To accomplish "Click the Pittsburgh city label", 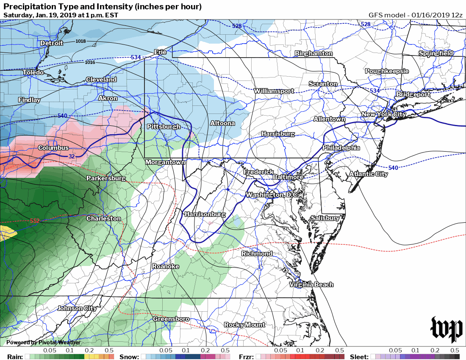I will pyautogui.click(x=164, y=127).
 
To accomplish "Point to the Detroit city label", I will pyautogui.click(x=52, y=43).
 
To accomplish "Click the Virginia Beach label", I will pyautogui.click(x=311, y=285).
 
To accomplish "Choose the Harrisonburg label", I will pyautogui.click(x=205, y=214).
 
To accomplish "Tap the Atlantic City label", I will pyautogui.click(x=368, y=174).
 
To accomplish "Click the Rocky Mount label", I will pyautogui.click(x=244, y=325).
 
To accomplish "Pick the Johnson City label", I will pyautogui.click(x=77, y=308).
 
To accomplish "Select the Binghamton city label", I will pyautogui.click(x=313, y=54).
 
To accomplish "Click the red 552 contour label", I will pyautogui.click(x=36, y=221).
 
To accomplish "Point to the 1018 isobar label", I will pyautogui.click(x=80, y=41).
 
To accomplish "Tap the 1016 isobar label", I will pyautogui.click(x=90, y=62).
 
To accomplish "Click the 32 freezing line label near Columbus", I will pyautogui.click(x=71, y=157).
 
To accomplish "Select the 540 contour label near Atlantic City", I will pyautogui.click(x=393, y=168).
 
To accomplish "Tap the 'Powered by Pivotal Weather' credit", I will pyautogui.click(x=43, y=342).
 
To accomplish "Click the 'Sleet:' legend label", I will pyautogui.click(x=359, y=357).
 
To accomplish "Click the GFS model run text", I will pyautogui.click(x=415, y=15).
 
